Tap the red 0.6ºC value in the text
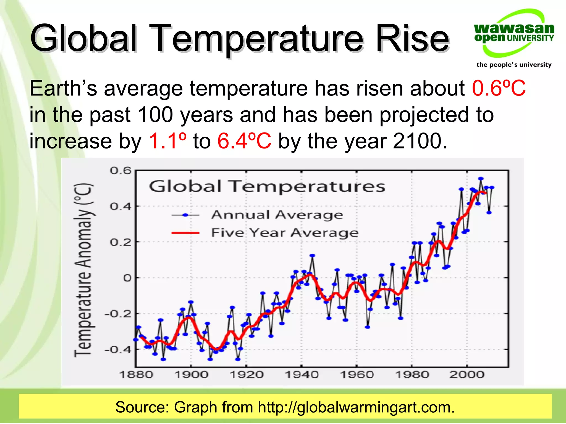pos(499,88)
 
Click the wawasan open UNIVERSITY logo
pos(514,33)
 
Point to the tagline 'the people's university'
pos(514,65)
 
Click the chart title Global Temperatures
pos(267,186)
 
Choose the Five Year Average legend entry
pos(285,233)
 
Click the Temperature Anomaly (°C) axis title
pos(83,270)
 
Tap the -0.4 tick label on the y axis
pos(118,350)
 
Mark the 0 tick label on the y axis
pos(127,278)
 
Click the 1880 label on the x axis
pos(136,375)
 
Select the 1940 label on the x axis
pos(302,375)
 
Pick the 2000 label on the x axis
pos(467,375)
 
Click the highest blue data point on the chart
pos(481,179)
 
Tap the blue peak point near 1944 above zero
pos(312,256)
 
